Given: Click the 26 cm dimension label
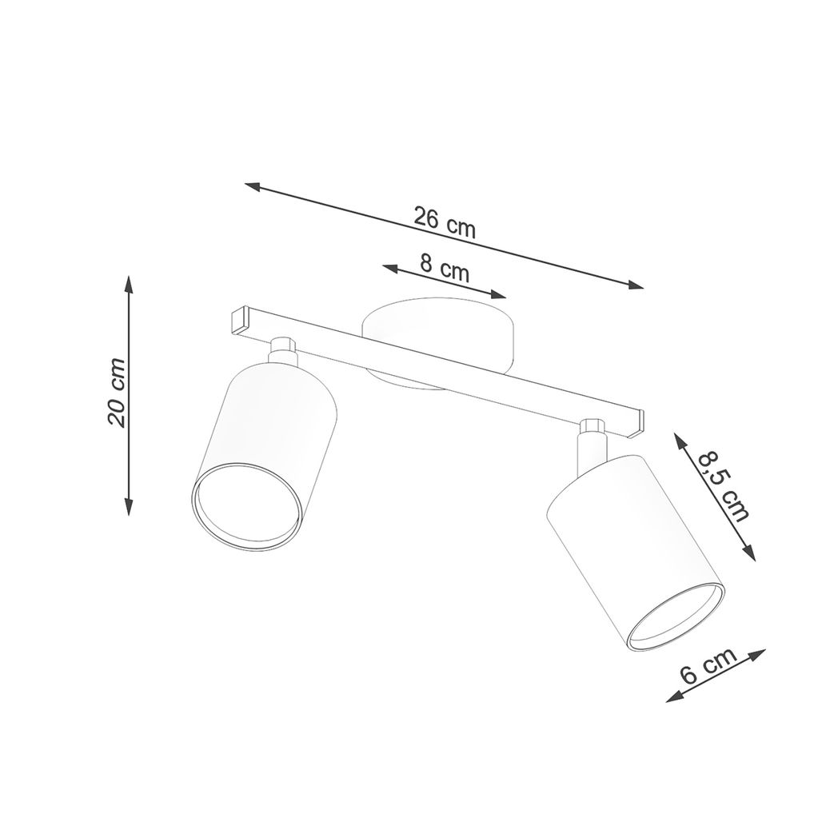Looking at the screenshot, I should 445,221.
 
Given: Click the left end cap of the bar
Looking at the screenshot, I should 239,320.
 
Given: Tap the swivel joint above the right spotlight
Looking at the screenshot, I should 592,437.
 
